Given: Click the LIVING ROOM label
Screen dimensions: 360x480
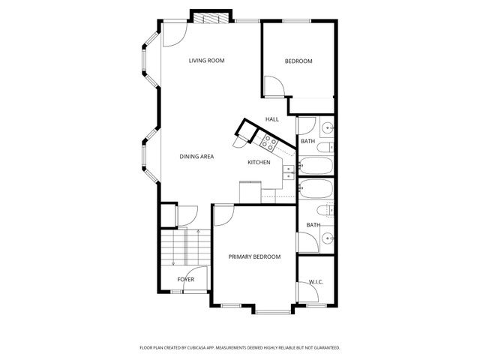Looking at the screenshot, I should click(x=206, y=61).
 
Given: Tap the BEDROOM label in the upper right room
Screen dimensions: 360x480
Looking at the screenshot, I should click(x=298, y=61).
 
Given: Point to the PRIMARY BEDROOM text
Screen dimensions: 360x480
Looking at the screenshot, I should click(x=254, y=256).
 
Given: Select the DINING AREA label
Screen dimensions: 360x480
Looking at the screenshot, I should click(x=196, y=157).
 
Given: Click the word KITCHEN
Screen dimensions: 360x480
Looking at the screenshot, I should click(x=259, y=163).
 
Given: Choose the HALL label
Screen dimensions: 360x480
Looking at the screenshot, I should click(x=272, y=119).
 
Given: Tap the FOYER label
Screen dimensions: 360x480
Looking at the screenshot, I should click(x=185, y=280).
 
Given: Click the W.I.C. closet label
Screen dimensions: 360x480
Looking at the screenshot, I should click(x=316, y=282).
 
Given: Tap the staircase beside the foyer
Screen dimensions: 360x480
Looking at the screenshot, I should click(x=173, y=247).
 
